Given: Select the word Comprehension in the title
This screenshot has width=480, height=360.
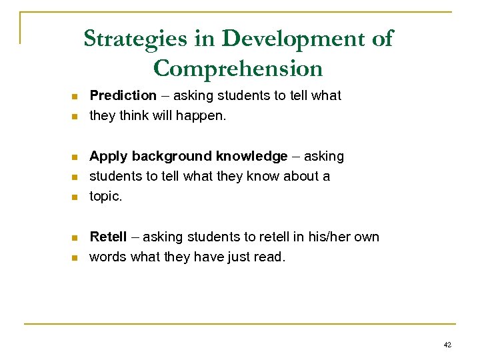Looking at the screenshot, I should pyautogui.click(x=237, y=68).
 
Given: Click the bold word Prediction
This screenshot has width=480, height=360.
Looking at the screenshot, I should pyautogui.click(x=123, y=96).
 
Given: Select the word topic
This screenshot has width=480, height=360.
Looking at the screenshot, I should pyautogui.click(x=106, y=197).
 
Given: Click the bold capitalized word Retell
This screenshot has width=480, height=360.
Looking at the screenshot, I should pyautogui.click(x=108, y=237).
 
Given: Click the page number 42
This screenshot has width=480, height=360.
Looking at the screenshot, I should pyautogui.click(x=447, y=345).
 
